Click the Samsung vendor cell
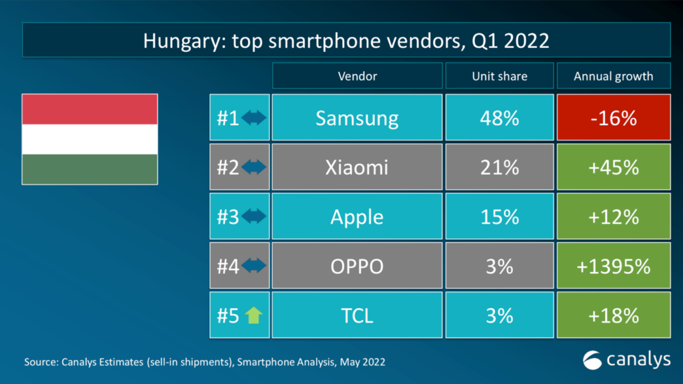(357, 119)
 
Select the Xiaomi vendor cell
(357, 167)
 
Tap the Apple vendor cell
(357, 217)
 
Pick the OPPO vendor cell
(357, 266)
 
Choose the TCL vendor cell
(357, 315)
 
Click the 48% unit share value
(499, 119)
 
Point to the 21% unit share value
(499, 167)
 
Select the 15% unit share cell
(499, 217)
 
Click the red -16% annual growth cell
(614, 119)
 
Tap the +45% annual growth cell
(614, 167)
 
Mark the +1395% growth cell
(614, 266)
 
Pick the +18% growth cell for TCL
(614, 315)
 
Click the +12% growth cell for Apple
(614, 217)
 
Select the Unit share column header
(499, 76)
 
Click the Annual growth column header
(614, 76)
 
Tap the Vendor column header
(357, 76)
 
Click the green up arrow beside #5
(252, 315)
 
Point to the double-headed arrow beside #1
(253, 119)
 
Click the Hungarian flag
(90, 139)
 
